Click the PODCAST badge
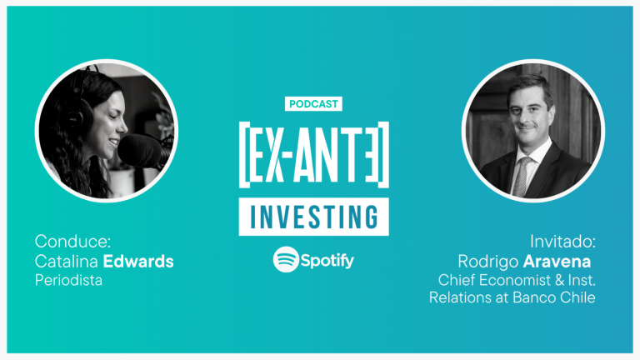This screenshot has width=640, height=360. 313,103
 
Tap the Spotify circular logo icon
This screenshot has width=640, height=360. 286,259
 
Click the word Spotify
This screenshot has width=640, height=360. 327,260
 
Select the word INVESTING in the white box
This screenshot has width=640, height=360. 314,217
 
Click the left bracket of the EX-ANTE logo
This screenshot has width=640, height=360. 244,155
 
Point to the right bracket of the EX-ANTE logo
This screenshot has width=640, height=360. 383,155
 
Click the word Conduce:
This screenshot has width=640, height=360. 72,241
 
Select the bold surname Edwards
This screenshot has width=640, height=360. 138,261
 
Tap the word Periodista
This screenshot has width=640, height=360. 68,280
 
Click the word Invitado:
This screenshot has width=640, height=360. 562,242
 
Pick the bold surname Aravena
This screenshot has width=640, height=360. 557,262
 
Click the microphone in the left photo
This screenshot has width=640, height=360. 141,151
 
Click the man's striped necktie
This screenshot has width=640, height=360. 522,176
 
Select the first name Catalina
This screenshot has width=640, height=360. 67,261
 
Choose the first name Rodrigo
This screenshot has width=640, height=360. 488,262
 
